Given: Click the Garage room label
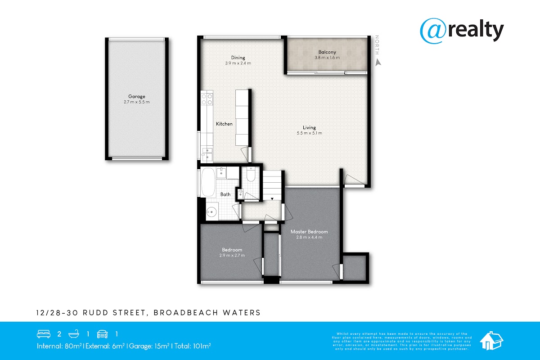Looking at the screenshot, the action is point(137,96).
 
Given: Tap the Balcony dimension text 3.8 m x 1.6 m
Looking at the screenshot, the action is point(327,58).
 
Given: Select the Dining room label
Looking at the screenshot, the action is point(238,58).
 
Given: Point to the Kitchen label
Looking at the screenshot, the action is point(224,124).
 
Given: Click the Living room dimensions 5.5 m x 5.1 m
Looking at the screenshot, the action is point(309,133).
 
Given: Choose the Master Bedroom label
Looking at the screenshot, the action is point(309,232).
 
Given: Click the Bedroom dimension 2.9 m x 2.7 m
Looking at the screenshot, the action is point(232,255).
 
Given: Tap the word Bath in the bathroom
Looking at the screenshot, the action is point(225,194).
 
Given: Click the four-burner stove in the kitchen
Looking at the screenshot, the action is point(207,99).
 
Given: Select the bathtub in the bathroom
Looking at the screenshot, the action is point(208,182).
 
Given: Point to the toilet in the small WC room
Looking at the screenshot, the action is point(251,174).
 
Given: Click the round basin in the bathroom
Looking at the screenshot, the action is point(211,212).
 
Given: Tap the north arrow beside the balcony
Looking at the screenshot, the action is point(378,62).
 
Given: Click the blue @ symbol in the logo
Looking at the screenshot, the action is point(433,31).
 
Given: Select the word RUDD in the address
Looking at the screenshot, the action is point(95,313).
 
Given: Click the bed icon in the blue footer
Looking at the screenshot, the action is point(44,334).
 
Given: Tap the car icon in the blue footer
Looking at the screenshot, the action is point(102,334).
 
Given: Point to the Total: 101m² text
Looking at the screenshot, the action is point(193,346).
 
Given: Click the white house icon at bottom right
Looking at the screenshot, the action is point(491,341).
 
